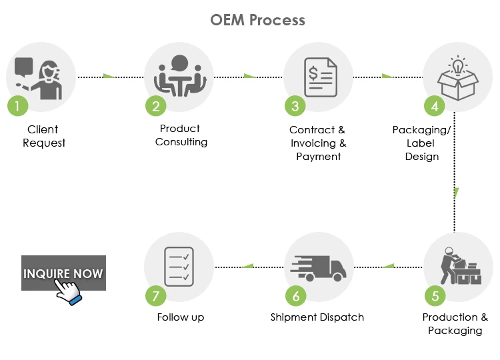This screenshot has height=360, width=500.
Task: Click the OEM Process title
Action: [257, 19]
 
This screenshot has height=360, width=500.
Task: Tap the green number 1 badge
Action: [17, 105]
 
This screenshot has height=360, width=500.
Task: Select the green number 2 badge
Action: [156, 105]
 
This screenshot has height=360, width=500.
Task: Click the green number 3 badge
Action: [295, 105]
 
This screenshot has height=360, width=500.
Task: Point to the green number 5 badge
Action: [435, 294]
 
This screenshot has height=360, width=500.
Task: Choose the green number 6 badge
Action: [295, 294]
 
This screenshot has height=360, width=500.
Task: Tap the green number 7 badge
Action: [156, 294]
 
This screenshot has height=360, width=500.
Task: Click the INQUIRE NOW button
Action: [63, 273]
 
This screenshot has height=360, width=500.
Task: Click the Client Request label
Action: [43, 136]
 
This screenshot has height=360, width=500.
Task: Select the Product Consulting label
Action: [181, 135]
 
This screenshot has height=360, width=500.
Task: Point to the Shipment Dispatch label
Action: [317, 317]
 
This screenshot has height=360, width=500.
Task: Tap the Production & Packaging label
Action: [455, 324]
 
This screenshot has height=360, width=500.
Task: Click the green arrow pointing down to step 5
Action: [456, 193]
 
